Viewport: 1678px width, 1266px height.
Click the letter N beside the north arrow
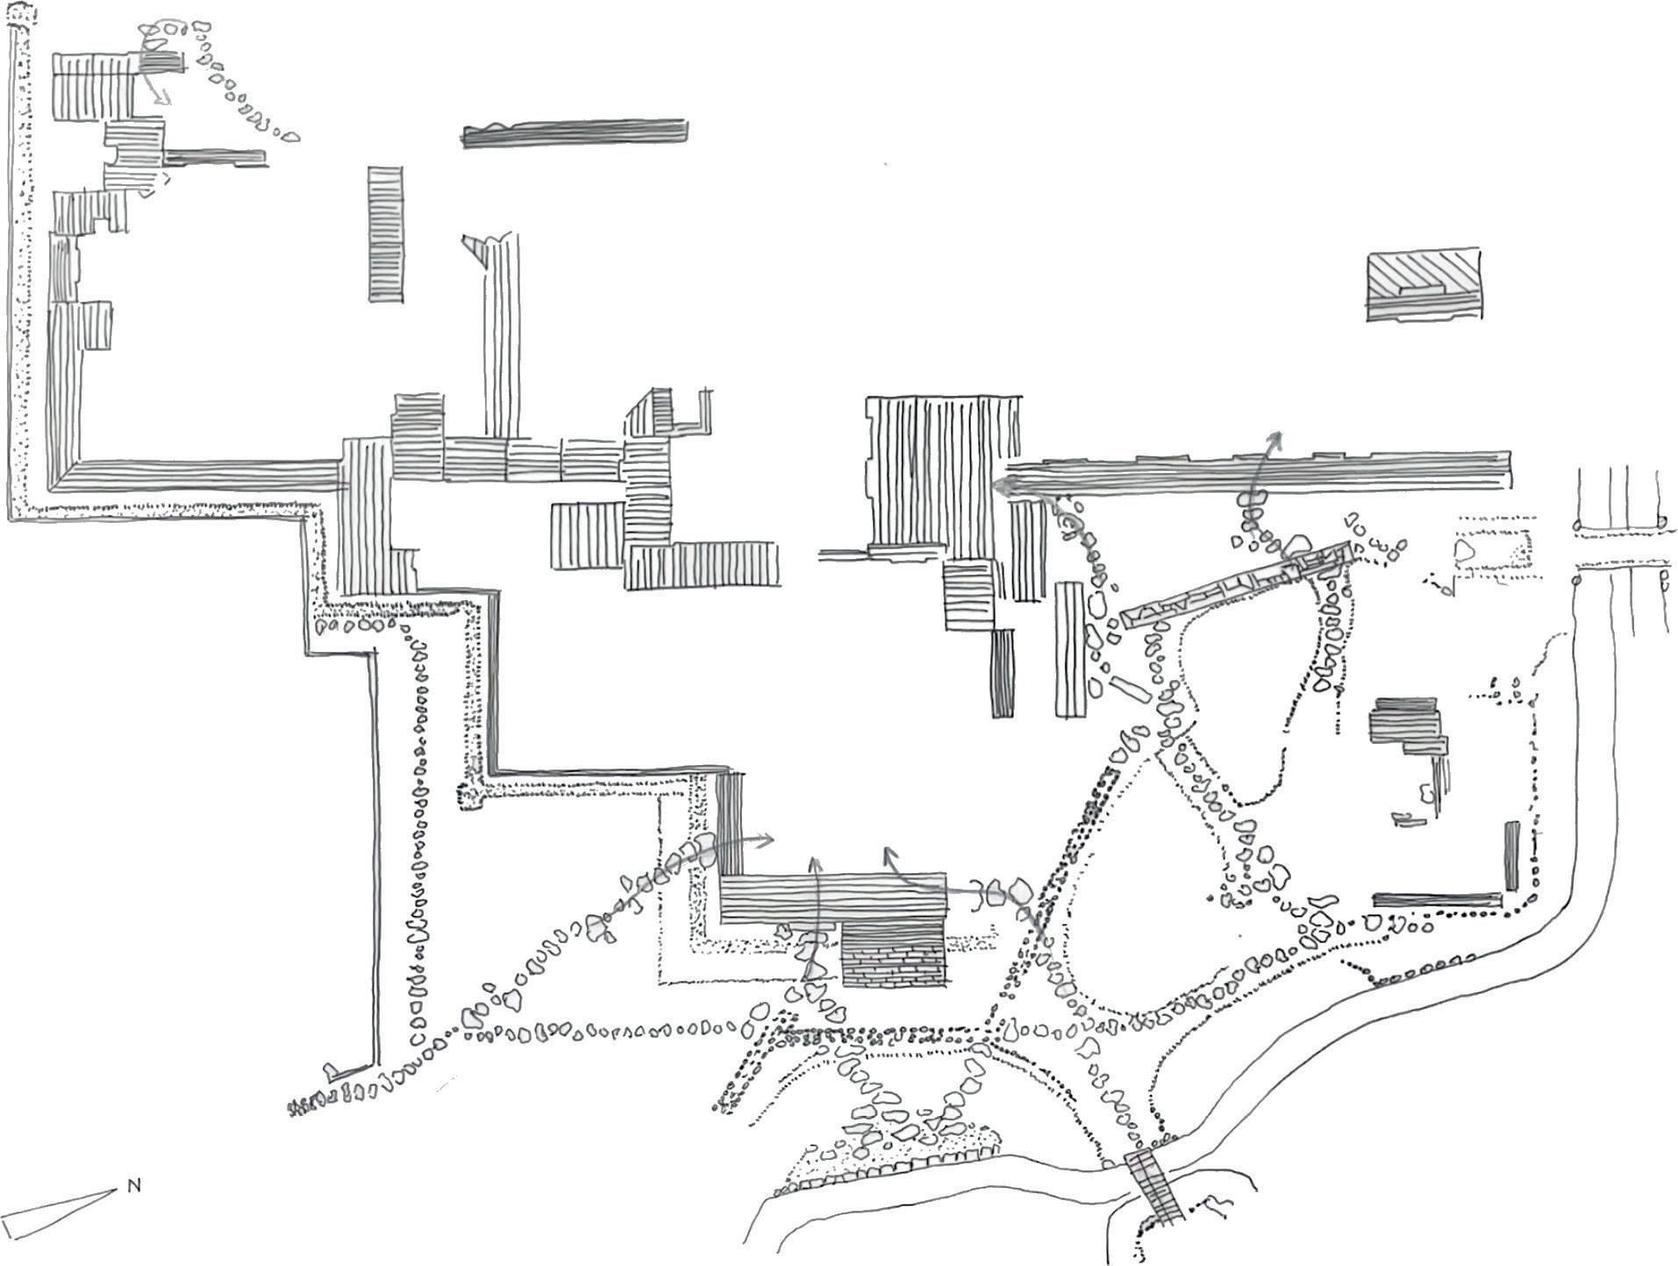click(x=134, y=1186)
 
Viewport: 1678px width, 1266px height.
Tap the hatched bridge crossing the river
click(x=1155, y=1184)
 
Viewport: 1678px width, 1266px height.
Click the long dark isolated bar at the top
click(x=575, y=132)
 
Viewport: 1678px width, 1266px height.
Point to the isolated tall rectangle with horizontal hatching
click(x=385, y=234)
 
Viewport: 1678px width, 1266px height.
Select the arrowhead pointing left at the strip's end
click(x=1000, y=482)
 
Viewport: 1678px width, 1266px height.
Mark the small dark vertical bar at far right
click(x=1510, y=855)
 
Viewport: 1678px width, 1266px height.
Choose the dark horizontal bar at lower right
click(x=1435, y=899)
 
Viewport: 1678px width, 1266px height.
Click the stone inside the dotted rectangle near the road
click(x=1463, y=551)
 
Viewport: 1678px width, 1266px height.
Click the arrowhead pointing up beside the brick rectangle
click(x=815, y=865)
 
